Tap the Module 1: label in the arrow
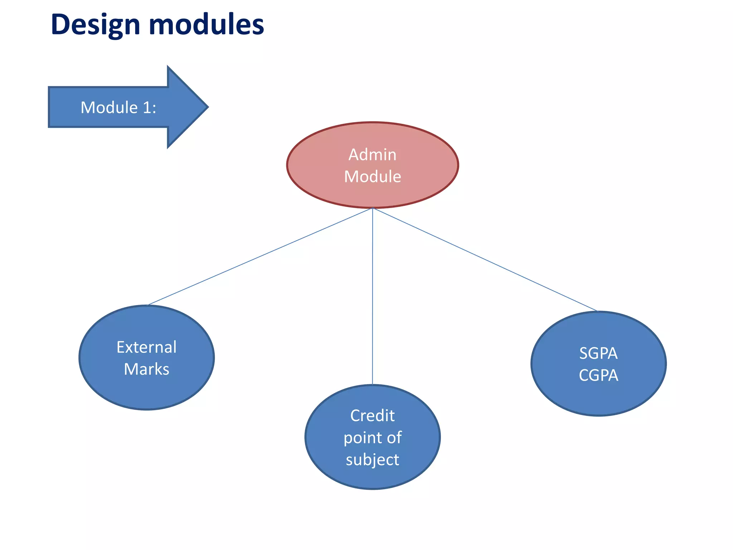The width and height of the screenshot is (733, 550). pyautogui.click(x=118, y=107)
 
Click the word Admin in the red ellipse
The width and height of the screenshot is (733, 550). pyautogui.click(x=372, y=155)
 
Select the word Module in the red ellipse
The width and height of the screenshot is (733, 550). pyautogui.click(x=372, y=177)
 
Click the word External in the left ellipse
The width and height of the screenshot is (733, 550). pyautogui.click(x=146, y=347)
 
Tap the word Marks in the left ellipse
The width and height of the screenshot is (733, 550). pyautogui.click(x=146, y=369)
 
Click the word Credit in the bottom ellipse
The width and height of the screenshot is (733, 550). pyautogui.click(x=372, y=416)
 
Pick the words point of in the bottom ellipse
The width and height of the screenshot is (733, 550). pyautogui.click(x=372, y=438)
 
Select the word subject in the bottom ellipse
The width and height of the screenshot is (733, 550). pyautogui.click(x=372, y=460)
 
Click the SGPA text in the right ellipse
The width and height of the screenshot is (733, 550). pyautogui.click(x=598, y=353)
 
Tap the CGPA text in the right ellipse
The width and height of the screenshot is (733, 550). pyautogui.click(x=598, y=375)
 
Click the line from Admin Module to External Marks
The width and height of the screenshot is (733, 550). pyautogui.click(x=260, y=256)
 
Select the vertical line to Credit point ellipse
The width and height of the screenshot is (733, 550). pyautogui.click(x=373, y=297)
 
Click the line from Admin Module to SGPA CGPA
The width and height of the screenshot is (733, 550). pyautogui.click(x=485, y=259)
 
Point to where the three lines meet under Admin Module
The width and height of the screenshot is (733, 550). pyautogui.click(x=373, y=208)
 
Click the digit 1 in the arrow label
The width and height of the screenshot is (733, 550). pyautogui.click(x=147, y=107)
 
